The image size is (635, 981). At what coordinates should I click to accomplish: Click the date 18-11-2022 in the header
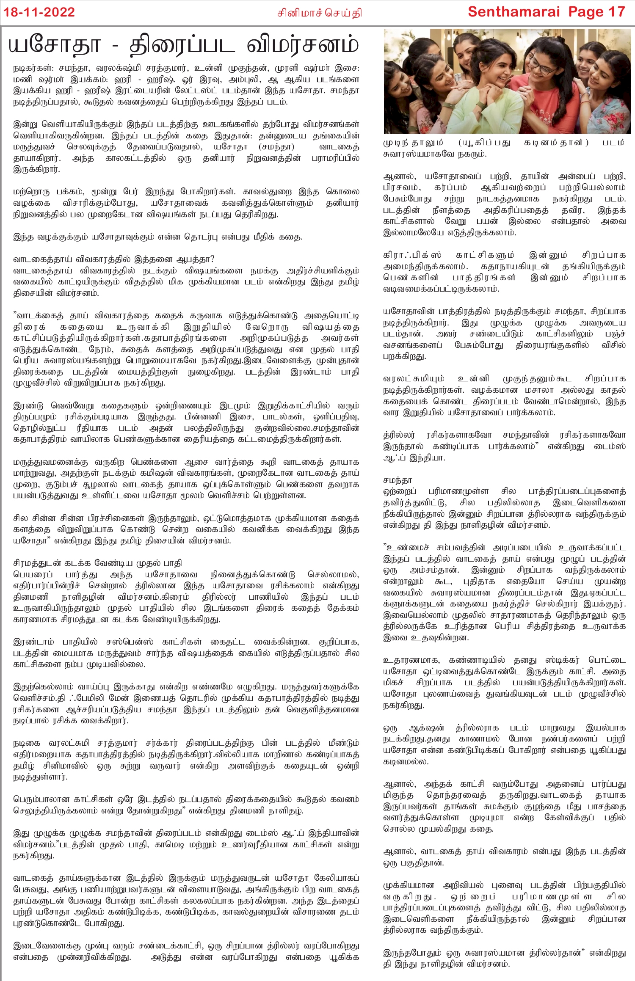[39, 12]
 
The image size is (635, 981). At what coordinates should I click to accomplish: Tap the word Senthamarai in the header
[514, 12]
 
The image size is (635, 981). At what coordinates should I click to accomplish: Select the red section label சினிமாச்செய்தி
[319, 13]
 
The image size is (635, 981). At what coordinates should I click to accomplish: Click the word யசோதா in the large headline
[55, 45]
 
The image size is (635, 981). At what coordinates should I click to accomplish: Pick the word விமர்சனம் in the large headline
[303, 45]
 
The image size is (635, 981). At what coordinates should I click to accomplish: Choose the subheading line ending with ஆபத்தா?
[114, 259]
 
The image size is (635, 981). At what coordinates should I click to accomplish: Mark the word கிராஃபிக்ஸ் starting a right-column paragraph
[412, 255]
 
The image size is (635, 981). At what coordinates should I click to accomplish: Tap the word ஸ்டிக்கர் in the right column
[561, 660]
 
